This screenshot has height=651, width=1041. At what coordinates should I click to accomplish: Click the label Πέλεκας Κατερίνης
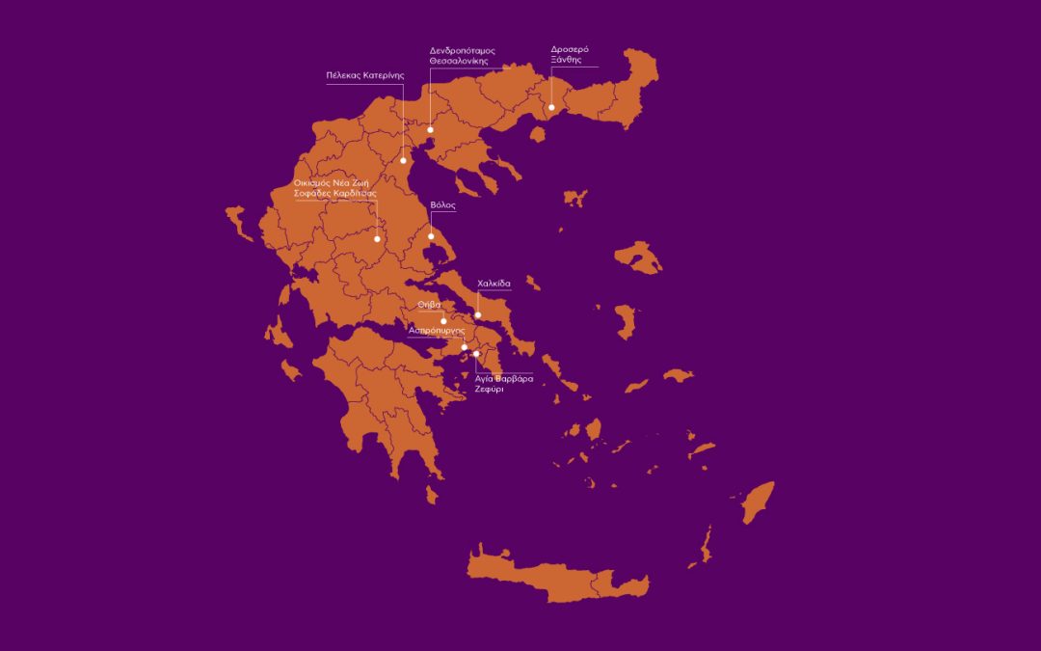(x=364, y=74)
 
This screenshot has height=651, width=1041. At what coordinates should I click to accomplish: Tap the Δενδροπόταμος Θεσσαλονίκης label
(x=458, y=55)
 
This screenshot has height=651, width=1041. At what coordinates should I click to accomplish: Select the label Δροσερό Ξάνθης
(x=570, y=54)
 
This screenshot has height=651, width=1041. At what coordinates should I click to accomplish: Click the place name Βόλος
(x=442, y=205)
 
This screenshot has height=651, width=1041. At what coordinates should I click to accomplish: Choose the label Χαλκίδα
(x=494, y=284)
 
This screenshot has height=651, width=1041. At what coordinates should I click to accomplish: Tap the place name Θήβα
(x=429, y=305)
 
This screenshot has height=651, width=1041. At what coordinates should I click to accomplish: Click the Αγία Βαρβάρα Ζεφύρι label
(x=502, y=384)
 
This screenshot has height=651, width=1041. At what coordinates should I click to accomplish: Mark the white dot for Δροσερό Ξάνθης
(x=551, y=107)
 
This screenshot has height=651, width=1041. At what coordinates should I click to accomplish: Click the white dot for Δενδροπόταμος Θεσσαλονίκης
(x=430, y=129)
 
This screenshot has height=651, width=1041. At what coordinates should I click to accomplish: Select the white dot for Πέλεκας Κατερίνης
(x=404, y=160)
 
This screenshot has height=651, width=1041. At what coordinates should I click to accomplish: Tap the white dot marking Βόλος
(x=431, y=236)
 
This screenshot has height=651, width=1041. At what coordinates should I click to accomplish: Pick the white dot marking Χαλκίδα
(x=478, y=315)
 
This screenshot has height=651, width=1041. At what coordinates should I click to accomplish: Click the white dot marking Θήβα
(x=443, y=321)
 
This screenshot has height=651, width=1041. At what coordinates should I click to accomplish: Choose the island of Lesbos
(x=638, y=257)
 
